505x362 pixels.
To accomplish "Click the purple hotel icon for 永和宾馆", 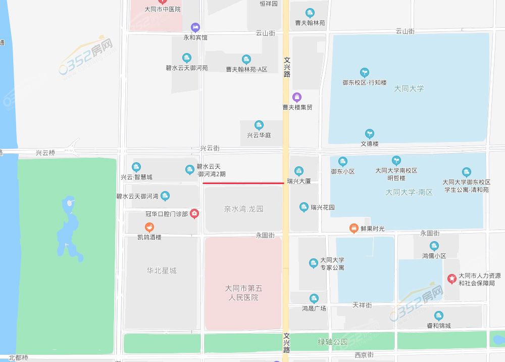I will coord(195,27).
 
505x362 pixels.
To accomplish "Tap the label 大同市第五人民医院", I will coord(243,293).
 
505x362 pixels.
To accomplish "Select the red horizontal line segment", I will coord(243,183).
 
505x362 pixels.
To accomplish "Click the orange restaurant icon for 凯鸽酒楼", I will coord(149,227).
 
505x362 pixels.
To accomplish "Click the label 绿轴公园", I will coord(333,342).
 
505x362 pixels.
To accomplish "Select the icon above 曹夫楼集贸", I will coord(297,97).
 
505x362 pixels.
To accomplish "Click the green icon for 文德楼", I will coord(370,133).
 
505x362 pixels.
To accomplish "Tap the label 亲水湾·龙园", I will coord(244,209).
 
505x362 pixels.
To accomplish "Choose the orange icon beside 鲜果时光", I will coord(353,229).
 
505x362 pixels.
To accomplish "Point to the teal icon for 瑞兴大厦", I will coord(299,170).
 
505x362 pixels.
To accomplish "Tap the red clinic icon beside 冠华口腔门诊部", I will coord(194,214).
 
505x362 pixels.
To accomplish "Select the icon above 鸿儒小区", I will coord(434,246).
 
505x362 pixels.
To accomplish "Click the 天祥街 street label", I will coord(362,305).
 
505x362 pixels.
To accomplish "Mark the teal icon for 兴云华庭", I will coord(259,125).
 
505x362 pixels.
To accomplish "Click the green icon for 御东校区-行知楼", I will coord(364,72).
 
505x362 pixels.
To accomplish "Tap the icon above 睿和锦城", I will coord(438,315).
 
